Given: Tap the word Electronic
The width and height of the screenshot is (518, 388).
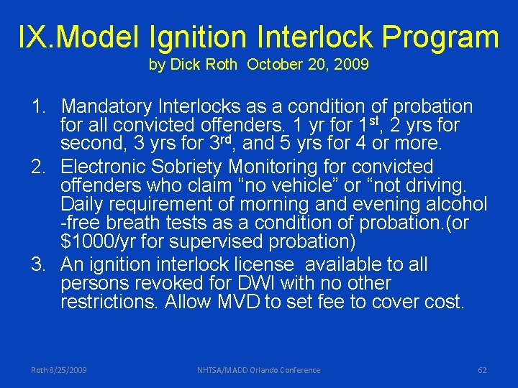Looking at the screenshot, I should pos(106,167).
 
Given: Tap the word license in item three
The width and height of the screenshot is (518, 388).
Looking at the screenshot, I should pos(259,264).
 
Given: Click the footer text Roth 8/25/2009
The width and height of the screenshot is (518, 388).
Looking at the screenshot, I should pos(59,370).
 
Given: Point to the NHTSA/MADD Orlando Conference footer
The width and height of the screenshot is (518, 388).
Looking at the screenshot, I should pos(259,370).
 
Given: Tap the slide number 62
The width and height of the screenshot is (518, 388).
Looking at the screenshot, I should pos(482,370).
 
